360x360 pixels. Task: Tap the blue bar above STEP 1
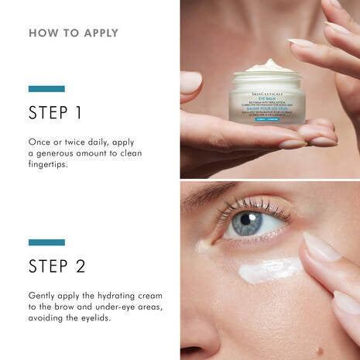pos(46,89)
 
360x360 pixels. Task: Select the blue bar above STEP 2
pos(46,242)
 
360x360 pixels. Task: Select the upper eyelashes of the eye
pos(248,205)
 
